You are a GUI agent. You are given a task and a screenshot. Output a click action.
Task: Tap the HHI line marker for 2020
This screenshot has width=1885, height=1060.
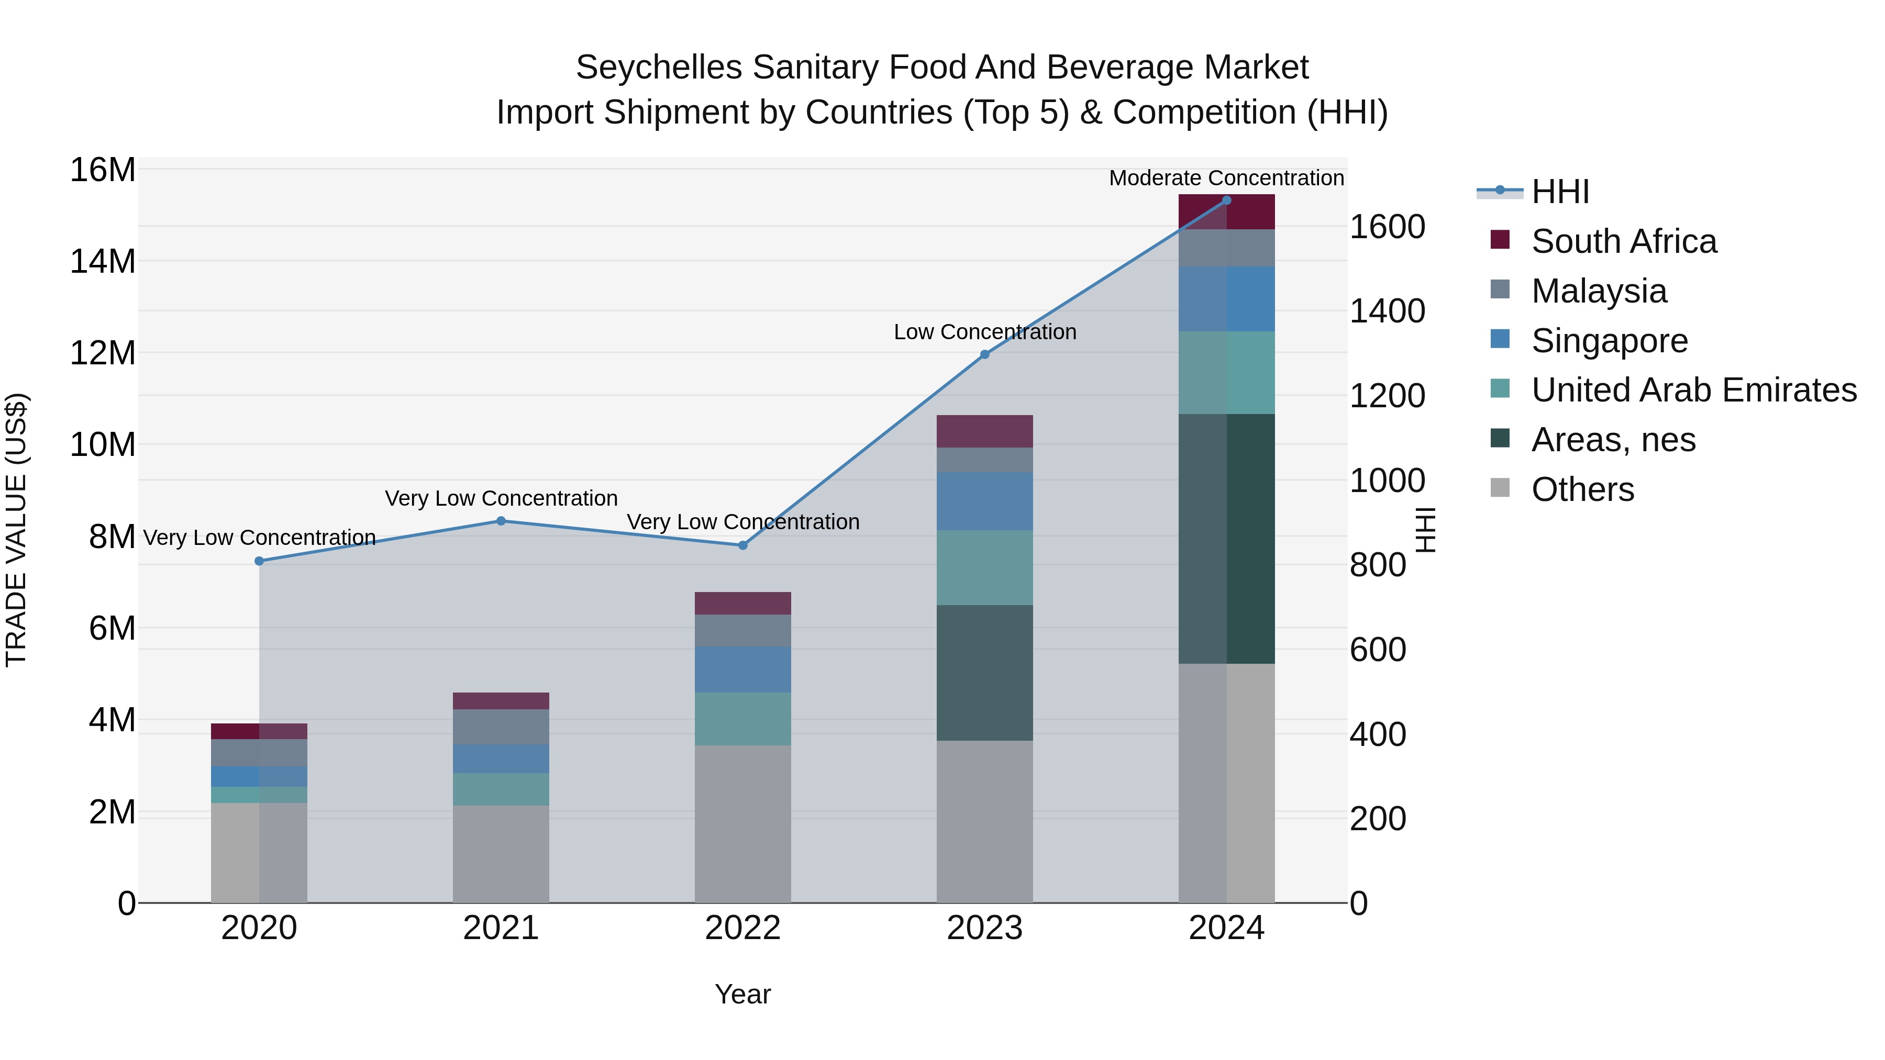(x=259, y=561)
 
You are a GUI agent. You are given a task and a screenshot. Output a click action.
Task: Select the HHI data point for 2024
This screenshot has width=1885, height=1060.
(x=1226, y=200)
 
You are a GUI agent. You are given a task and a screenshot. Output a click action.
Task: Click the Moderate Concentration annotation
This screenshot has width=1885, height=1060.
(x=1226, y=178)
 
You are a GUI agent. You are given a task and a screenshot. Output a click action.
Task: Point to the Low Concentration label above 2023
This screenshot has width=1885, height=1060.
(x=984, y=332)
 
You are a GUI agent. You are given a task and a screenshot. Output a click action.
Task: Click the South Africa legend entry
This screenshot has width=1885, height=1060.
(x=1623, y=241)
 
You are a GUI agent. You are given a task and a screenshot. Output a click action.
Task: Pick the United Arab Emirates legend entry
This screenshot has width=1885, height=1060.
(x=1693, y=390)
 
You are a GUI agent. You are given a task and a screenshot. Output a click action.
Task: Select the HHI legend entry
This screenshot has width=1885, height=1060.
(x=1559, y=192)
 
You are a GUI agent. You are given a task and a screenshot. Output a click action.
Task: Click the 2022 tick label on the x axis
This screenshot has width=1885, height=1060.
(x=742, y=928)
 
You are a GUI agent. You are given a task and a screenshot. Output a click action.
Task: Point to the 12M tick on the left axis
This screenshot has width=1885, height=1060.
(x=103, y=353)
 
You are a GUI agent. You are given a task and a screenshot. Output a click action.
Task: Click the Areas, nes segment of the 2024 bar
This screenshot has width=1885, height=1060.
(x=1226, y=539)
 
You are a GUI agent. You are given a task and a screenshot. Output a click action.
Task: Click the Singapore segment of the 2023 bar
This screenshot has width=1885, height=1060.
(x=984, y=501)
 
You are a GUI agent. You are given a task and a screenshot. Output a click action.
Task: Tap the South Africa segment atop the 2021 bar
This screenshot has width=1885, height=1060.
(x=501, y=701)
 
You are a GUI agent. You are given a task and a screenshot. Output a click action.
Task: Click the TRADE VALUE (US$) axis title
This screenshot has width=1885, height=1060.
(x=16, y=530)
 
